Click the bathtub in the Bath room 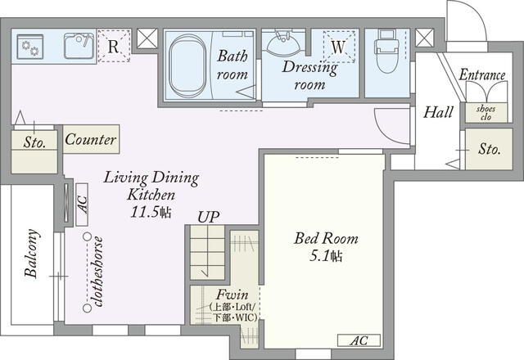[x=187, y=65]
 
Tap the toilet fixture [x=387, y=51]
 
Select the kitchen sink [x=79, y=46]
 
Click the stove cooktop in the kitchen [x=30, y=47]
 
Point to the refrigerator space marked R [x=114, y=46]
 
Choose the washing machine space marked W [x=338, y=47]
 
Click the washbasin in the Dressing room [x=284, y=43]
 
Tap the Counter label [x=91, y=139]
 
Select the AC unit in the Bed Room [x=359, y=340]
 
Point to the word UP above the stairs [x=208, y=218]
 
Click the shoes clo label [x=486, y=113]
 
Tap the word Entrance [x=482, y=74]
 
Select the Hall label [x=438, y=112]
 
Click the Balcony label [x=32, y=253]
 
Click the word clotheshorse [x=99, y=272]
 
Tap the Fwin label [x=232, y=295]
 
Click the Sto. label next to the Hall [x=490, y=149]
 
